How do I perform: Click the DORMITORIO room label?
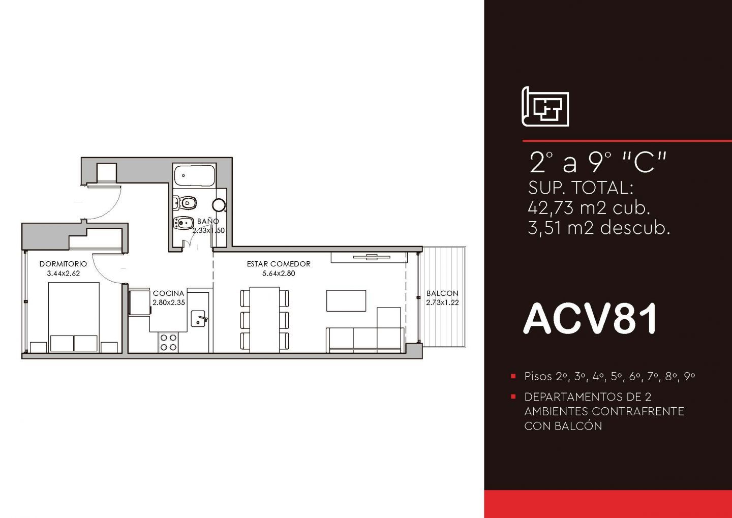(64, 264)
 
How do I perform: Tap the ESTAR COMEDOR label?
(279, 264)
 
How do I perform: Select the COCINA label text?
(169, 293)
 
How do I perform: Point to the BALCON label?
(442, 293)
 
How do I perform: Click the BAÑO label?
(208, 221)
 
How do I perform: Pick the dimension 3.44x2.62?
(64, 273)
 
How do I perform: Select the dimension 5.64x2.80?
(279, 273)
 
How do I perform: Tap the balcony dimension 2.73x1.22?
(442, 302)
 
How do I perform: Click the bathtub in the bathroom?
(195, 175)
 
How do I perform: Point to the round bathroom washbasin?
(219, 205)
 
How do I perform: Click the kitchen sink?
(198, 319)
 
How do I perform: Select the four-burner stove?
(169, 342)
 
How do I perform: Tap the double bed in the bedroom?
(74, 317)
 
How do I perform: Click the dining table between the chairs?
(265, 320)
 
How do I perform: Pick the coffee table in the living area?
(346, 300)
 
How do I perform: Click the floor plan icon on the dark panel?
(545, 107)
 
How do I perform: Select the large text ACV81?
(590, 319)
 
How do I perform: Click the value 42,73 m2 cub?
(589, 208)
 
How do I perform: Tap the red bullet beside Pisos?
(513, 376)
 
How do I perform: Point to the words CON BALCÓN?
(563, 426)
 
